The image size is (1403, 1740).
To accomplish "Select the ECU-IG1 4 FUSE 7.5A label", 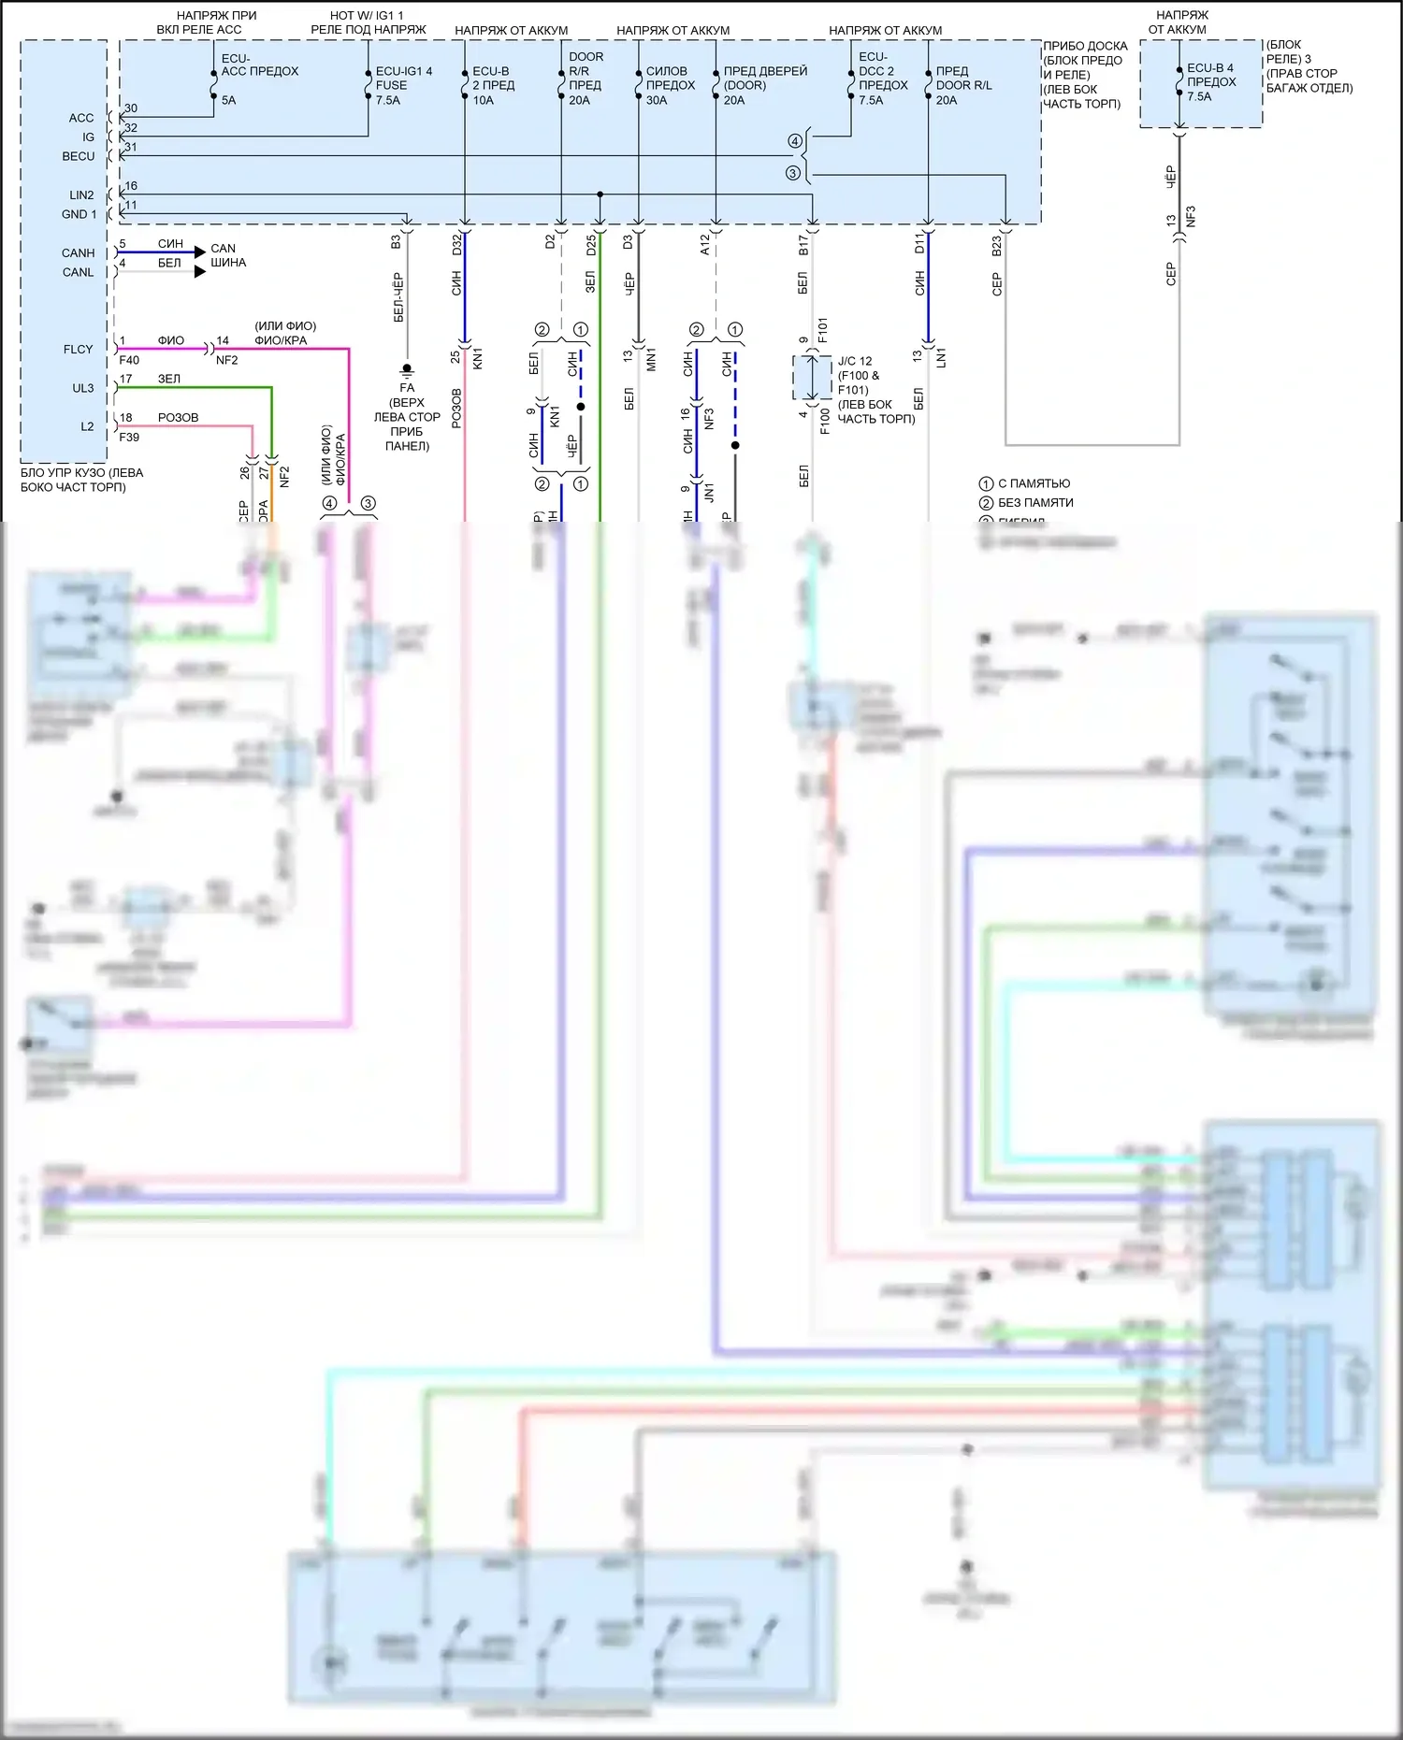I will [403, 85].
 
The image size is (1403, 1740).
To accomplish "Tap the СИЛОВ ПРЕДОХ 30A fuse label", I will [671, 85].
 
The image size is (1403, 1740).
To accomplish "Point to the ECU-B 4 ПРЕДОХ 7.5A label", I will [1210, 82].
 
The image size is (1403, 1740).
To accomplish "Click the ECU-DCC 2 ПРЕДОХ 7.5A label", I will [883, 79].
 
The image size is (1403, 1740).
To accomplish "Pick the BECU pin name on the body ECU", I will [79, 156].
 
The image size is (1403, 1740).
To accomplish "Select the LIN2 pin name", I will [81, 195].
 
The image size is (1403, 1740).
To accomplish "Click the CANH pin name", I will [79, 253].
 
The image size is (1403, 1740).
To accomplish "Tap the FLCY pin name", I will [79, 350].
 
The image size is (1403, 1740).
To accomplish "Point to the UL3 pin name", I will [83, 388].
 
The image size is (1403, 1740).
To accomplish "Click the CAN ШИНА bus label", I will [227, 255].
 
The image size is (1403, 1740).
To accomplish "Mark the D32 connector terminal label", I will [456, 245].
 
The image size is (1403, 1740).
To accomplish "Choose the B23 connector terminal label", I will [996, 246].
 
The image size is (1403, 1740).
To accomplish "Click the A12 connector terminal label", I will [704, 245].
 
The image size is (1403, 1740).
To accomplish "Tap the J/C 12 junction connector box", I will [812, 378].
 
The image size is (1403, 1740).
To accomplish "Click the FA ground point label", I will [407, 388].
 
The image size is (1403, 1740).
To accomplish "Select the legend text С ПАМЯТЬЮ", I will [1034, 483].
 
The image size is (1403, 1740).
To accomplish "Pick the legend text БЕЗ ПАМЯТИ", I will [1035, 503].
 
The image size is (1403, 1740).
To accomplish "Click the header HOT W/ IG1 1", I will [368, 16].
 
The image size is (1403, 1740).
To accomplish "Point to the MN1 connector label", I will [651, 359].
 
